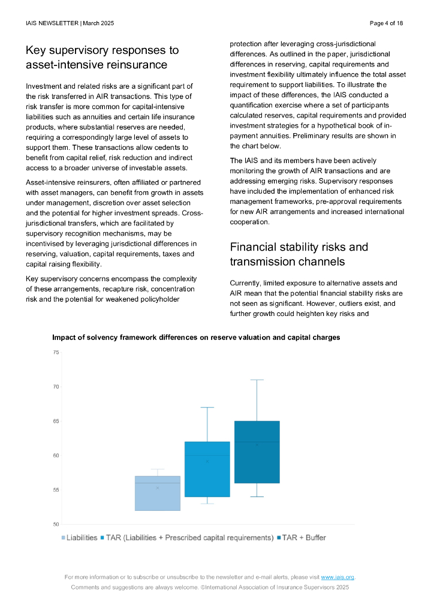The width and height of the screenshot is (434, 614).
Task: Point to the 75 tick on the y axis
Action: click(56, 352)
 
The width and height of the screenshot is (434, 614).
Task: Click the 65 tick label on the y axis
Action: click(56, 421)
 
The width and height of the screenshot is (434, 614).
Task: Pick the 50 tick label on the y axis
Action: click(56, 525)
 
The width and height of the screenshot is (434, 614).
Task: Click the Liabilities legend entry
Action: click(80, 537)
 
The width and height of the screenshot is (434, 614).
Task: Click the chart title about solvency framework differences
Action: click(196, 338)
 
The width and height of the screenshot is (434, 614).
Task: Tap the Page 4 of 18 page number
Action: click(386, 23)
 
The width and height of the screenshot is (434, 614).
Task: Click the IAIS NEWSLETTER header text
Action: click(70, 23)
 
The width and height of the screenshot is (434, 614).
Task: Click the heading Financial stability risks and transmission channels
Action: click(299, 254)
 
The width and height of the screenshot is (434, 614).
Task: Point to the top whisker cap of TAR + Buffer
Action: click(257, 380)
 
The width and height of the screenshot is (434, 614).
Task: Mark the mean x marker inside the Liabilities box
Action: click(158, 487)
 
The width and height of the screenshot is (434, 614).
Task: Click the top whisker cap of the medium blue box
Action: click(207, 407)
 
